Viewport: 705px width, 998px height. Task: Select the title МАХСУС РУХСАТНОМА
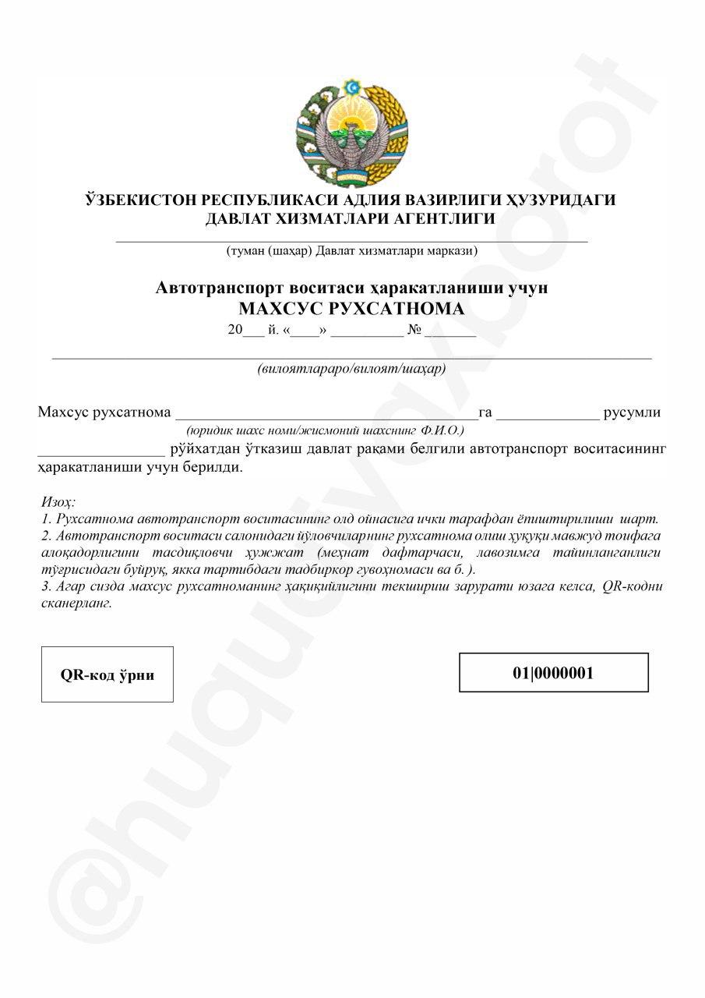point(351,309)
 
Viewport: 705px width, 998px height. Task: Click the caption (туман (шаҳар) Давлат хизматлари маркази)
point(351,251)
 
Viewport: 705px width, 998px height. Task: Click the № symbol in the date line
point(414,330)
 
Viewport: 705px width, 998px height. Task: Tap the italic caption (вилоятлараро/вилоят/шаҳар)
point(351,368)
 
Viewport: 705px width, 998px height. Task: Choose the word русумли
point(633,412)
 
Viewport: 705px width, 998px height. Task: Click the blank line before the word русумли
point(548,414)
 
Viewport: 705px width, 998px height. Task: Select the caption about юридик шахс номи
point(326,430)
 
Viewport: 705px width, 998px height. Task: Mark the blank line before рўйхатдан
point(101,451)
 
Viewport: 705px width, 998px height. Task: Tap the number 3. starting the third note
point(44,586)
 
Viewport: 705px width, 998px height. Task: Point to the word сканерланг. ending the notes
point(75,603)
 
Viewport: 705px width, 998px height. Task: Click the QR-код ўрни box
point(108,674)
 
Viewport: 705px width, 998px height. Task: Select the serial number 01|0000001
point(553,673)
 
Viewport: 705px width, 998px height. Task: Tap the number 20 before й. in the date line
point(235,330)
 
